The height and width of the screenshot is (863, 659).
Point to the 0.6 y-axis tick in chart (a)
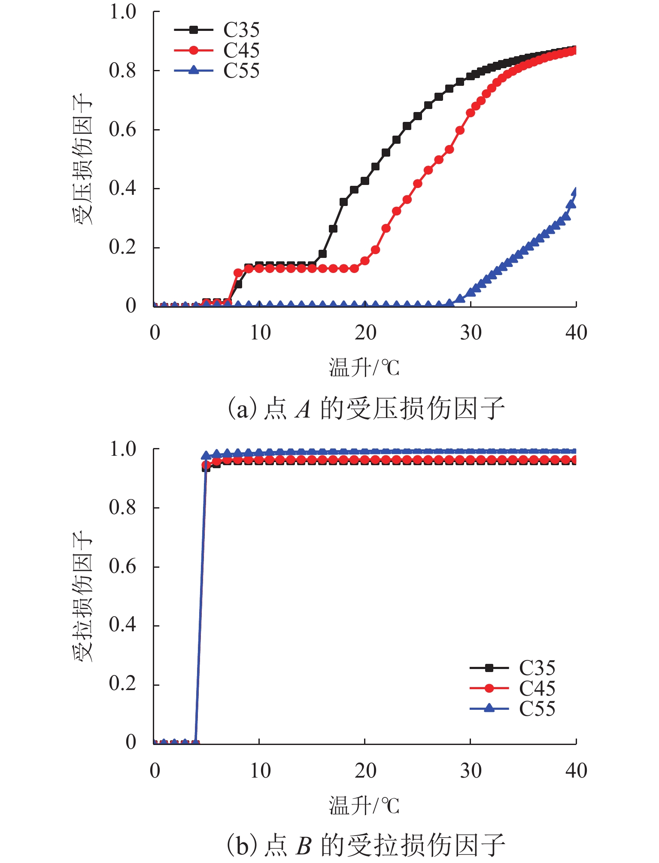[122, 129]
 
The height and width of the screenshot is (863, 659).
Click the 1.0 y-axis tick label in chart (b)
[122, 449]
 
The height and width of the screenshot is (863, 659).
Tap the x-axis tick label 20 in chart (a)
[365, 333]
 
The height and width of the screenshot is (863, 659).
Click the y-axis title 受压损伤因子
[82, 159]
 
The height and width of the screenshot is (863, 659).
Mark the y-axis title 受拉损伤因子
[82, 597]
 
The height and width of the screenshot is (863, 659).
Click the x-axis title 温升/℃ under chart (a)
[364, 368]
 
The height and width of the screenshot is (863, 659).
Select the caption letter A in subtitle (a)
[304, 409]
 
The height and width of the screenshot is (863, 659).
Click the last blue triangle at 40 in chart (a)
[576, 192]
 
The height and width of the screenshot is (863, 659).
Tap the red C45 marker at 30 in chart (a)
[471, 113]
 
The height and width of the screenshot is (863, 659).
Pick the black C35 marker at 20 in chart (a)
[365, 181]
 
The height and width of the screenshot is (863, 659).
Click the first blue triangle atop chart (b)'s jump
[206, 455]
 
